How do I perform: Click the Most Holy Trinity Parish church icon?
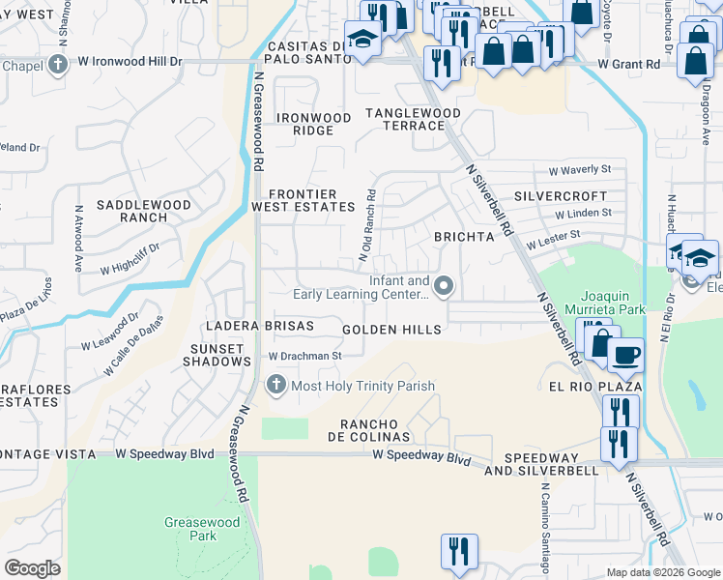(x=275, y=386)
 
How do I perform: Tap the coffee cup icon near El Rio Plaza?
(x=625, y=355)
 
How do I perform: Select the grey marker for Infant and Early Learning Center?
(x=444, y=285)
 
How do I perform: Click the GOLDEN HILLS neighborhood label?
(x=392, y=331)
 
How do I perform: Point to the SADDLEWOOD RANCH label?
(x=143, y=211)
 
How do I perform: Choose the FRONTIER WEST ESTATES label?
(x=304, y=200)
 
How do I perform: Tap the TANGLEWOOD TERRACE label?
(x=413, y=119)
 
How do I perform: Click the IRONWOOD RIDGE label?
(x=313, y=124)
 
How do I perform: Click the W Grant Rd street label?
(x=628, y=64)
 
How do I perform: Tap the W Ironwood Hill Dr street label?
(x=130, y=62)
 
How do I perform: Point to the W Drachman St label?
(x=305, y=356)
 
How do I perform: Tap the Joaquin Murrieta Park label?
(x=612, y=303)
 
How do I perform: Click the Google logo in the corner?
(x=33, y=568)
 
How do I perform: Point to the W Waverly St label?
(x=580, y=169)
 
